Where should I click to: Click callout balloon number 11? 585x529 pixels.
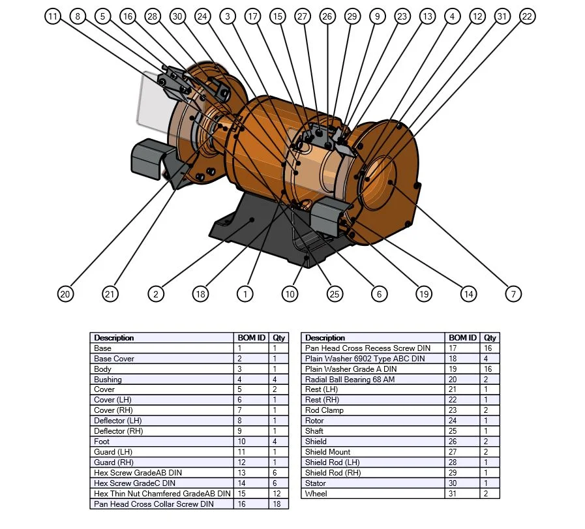53,16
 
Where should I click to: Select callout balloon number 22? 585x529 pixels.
527,16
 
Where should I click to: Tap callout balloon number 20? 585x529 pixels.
65,294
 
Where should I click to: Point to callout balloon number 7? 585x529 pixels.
513,294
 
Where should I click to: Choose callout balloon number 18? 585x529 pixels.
200,294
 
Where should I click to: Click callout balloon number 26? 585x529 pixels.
327,16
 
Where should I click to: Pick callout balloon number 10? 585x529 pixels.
290,294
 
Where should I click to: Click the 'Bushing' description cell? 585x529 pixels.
162,379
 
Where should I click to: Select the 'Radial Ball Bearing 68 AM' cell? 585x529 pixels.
373,379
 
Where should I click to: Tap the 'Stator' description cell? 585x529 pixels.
373,483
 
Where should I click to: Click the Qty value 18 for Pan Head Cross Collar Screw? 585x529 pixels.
278,504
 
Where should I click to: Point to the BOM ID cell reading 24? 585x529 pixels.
464,421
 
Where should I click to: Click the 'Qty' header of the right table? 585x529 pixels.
490,337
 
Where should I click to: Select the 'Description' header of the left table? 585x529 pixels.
162,337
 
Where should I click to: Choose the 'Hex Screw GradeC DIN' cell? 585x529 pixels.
162,483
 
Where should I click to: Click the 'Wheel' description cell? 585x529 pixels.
373,493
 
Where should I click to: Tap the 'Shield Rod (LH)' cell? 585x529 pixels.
373,462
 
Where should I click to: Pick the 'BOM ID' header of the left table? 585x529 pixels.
252,337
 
